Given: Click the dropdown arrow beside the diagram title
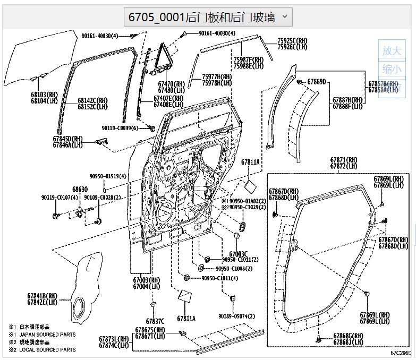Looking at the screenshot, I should point(284,16).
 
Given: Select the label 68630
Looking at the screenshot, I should point(80,189).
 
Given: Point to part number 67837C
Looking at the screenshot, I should point(155,321).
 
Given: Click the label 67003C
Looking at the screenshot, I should point(239,254).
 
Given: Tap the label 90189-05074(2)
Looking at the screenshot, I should point(236,316).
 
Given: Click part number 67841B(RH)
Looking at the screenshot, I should point(42,296).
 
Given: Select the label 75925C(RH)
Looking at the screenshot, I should point(292,40).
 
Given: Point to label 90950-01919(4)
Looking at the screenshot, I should point(108,176).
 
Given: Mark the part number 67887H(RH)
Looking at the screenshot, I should point(347,100).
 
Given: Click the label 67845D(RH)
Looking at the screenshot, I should point(68,138).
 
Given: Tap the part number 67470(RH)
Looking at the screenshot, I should point(171,84).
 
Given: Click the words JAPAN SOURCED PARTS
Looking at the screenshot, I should point(47,335).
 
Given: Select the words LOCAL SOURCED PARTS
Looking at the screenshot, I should point(47,349).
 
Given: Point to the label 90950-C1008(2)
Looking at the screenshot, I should point(234,269).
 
